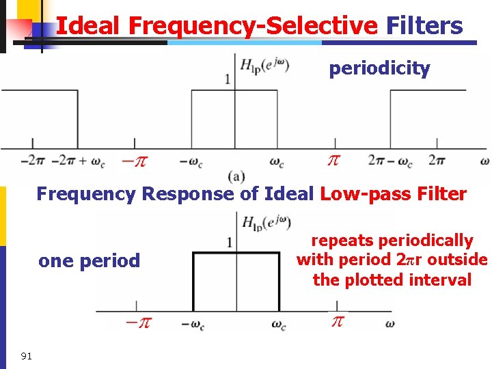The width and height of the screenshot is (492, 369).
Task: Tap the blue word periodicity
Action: click(379, 68)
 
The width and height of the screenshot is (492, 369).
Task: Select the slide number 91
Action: click(27, 355)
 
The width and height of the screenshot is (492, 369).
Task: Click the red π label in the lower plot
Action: click(337, 321)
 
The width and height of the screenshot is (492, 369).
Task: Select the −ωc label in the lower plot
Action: click(193, 325)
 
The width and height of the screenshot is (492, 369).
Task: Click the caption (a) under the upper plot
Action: click(237, 176)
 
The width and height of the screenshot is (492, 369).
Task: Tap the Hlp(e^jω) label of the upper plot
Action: click(264, 66)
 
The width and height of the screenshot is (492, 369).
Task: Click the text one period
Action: click(89, 260)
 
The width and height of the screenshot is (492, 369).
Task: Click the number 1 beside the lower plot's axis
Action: click(229, 242)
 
